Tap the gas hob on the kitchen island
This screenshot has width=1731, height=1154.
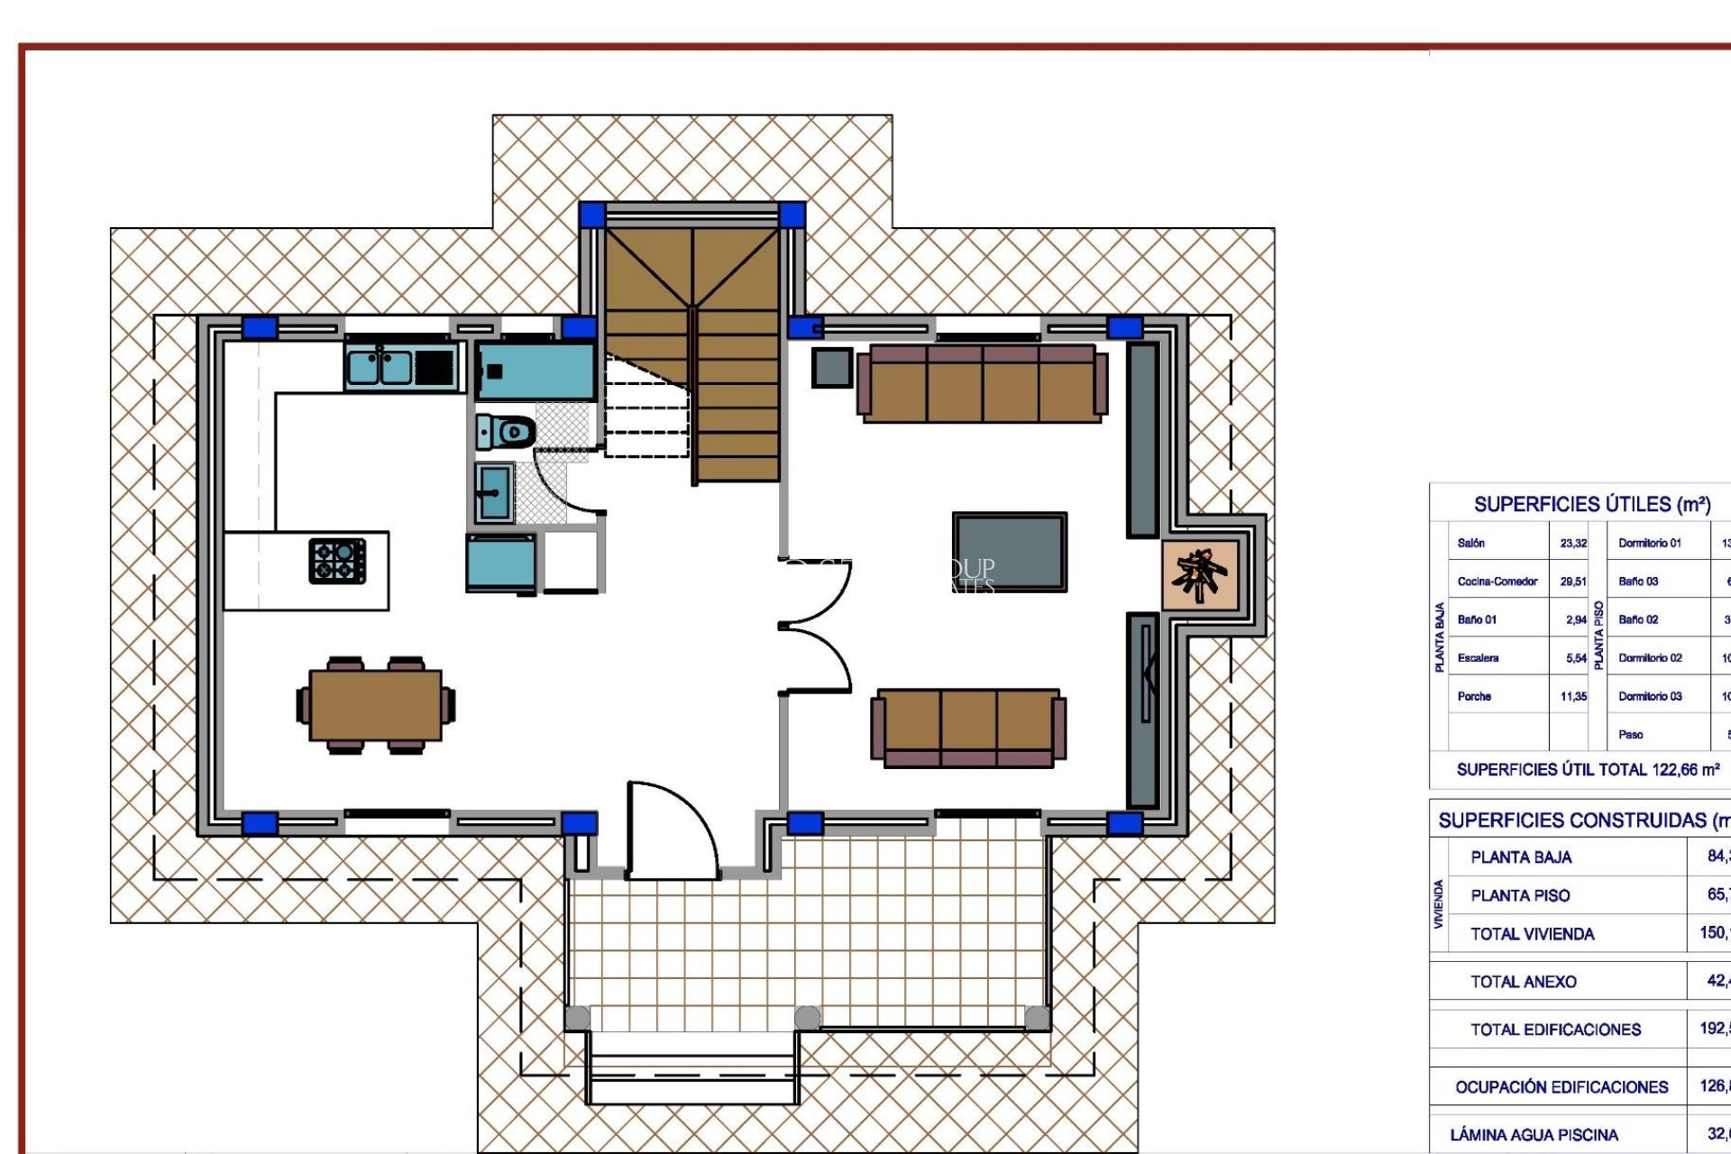[337, 561]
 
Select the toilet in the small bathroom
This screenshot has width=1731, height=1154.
[507, 432]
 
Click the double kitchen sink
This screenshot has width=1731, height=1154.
[380, 367]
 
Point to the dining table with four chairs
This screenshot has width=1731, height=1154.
[376, 705]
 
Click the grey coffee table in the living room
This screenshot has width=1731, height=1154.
[1010, 552]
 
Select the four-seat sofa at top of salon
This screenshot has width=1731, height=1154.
[982, 383]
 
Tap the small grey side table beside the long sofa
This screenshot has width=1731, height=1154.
[831, 368]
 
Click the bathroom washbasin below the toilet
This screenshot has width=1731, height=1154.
[493, 492]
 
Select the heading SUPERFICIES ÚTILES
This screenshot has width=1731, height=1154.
[1592, 505]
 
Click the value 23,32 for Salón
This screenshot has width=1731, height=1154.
[1573, 544]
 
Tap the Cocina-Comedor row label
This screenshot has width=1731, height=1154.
[1497, 582]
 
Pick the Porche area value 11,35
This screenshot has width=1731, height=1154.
[1573, 697]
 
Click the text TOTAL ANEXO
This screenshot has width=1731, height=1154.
[1524, 982]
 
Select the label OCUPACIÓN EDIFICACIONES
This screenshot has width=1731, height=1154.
[1562, 1087]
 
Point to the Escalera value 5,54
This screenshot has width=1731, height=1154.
[1576, 659]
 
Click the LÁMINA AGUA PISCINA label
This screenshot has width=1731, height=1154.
[1534, 1135]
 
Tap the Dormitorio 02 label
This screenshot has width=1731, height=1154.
[1650, 658]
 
